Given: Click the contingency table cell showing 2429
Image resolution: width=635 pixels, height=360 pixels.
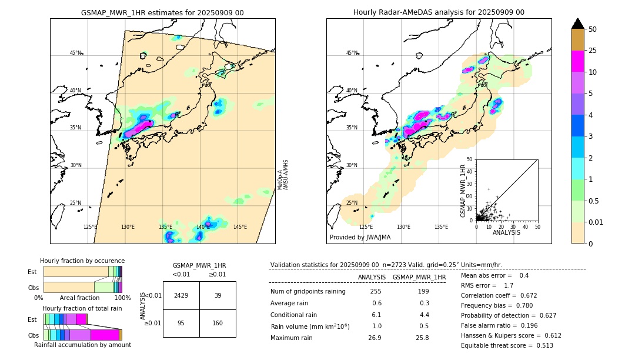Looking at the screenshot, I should click(181, 295).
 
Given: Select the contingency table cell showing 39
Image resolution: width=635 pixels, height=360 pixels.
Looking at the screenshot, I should click(218, 295).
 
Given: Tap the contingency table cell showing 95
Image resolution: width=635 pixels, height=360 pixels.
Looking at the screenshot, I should click(181, 322).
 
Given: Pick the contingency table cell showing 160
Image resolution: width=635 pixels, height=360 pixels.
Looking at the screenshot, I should click(218, 322).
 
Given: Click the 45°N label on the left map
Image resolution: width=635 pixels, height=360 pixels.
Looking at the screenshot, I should click(75, 53).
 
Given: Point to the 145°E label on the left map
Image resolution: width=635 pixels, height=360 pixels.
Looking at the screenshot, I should click(240, 227).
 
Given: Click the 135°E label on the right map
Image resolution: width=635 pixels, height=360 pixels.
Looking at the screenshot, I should click(441, 227).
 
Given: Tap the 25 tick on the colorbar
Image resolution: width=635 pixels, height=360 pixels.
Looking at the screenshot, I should click(593, 51).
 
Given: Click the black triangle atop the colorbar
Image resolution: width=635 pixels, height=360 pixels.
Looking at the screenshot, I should click(578, 24).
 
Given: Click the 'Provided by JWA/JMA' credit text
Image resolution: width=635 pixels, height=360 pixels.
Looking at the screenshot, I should click(360, 238).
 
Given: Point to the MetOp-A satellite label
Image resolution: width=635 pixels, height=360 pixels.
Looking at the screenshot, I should click(280, 180).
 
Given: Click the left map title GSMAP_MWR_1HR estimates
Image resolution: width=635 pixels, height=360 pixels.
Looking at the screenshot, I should click(162, 12).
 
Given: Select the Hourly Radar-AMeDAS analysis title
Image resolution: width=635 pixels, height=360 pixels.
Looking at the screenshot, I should click(439, 12).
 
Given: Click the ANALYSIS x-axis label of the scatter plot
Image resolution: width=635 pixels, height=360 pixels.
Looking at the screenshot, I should click(506, 232).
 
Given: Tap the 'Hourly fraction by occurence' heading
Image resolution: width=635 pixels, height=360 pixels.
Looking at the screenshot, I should click(82, 261).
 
